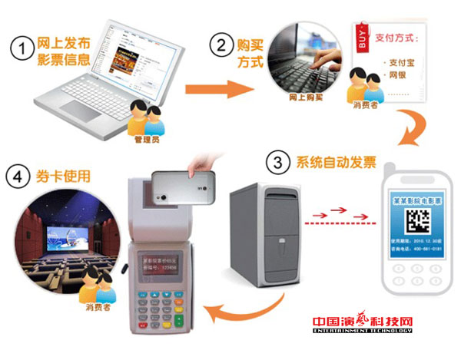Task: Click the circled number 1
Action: tap(22, 48)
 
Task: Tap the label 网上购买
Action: tap(303, 99)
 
